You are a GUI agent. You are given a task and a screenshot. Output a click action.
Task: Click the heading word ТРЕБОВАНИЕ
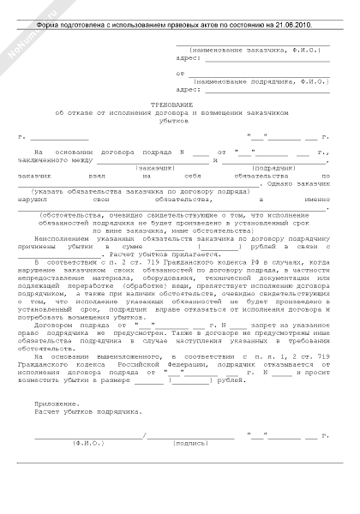tap(171, 103)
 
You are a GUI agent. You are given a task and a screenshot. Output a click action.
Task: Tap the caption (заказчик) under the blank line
tap(158, 168)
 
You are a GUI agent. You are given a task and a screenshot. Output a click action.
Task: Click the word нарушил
tap(40, 199)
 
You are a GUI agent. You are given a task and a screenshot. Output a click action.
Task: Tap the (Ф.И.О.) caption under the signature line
tap(88, 445)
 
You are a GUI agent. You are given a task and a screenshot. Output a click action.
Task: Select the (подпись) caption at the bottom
tap(190, 445)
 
